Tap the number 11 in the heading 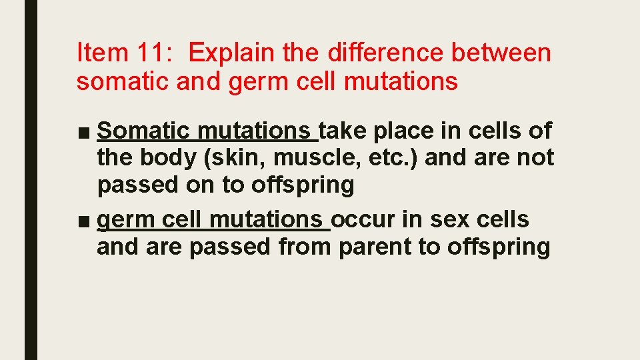pyautogui.click(x=157, y=52)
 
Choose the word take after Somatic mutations pyautogui.click(x=343, y=131)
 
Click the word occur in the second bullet pyautogui.click(x=364, y=219)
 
